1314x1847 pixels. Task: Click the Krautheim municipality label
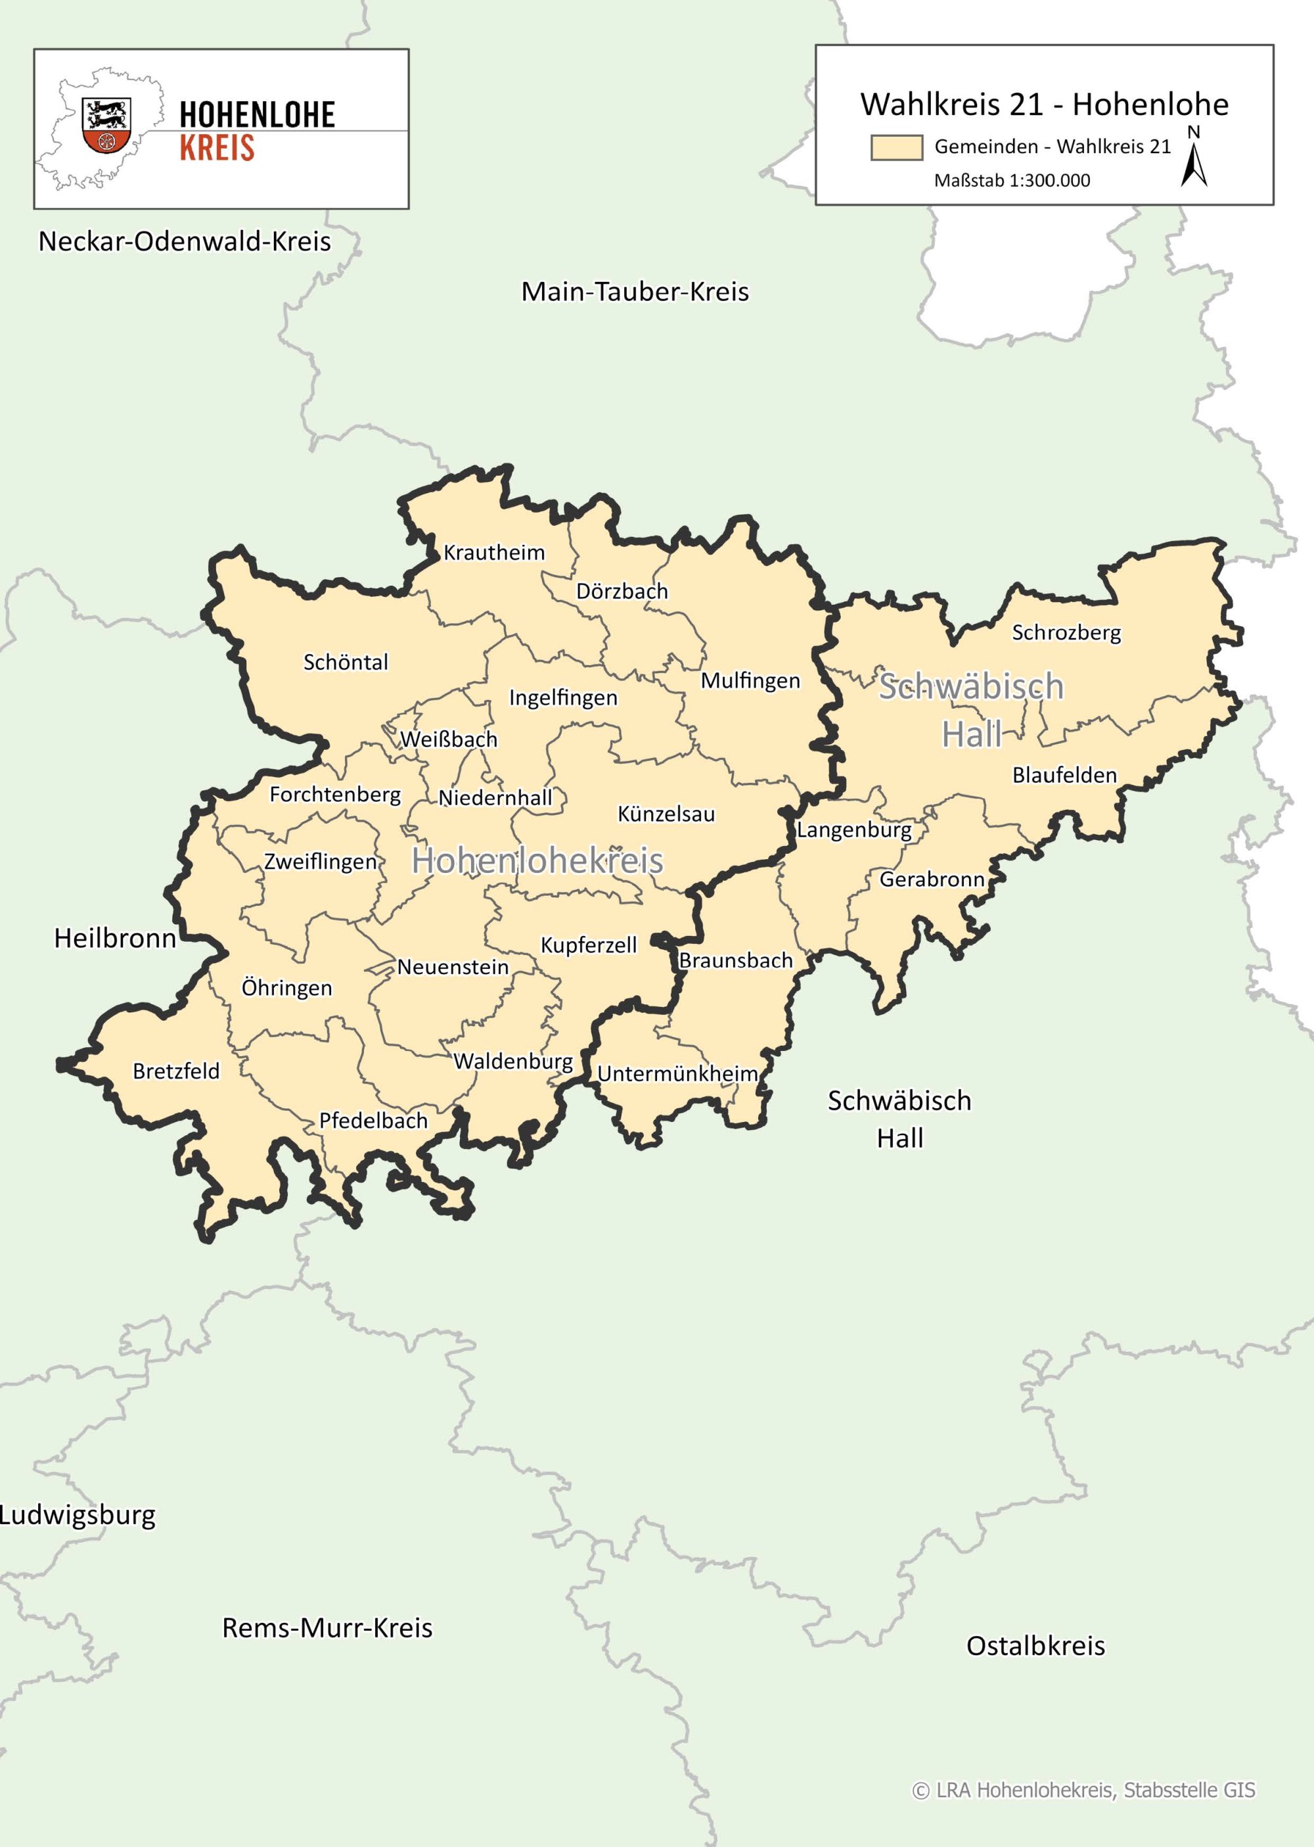pos(493,553)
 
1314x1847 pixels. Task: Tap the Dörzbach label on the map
pos(622,592)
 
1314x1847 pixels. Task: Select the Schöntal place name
pos(346,662)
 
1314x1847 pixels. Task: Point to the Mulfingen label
pos(750,681)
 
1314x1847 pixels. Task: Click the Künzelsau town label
pos(666,814)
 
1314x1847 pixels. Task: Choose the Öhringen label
pos(286,989)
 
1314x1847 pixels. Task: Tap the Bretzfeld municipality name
pos(175,1071)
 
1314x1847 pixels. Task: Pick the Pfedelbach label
pos(373,1121)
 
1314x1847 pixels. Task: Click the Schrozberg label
pos(1066,633)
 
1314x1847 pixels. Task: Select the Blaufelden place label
pos(1064,776)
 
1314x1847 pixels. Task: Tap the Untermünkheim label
pos(677,1074)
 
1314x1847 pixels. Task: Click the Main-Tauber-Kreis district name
pos(635,292)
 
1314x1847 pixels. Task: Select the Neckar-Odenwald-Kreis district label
pos(185,242)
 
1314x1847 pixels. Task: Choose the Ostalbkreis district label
pos(1035,1645)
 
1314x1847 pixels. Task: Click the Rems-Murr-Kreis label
pos(327,1627)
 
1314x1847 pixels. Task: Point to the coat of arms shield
pos(106,126)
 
